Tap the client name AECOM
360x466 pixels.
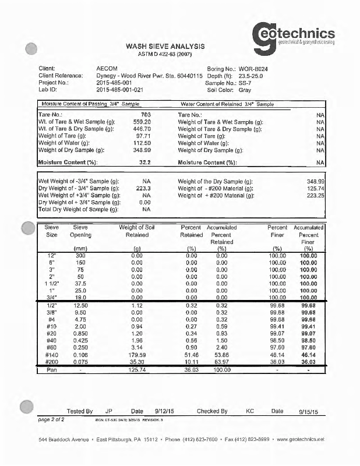tap(105, 68)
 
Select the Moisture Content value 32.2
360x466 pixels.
tap(146, 162)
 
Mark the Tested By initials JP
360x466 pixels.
tap(109, 411)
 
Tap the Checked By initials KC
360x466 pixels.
tap(250, 411)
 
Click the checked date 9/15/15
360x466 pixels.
tap(309, 412)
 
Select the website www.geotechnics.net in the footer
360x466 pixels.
tap(293, 439)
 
